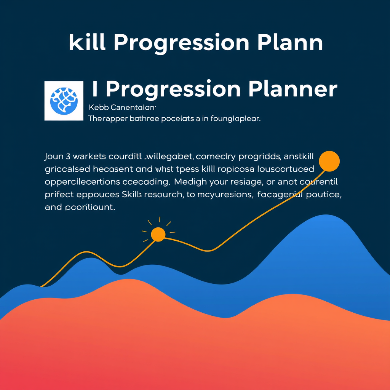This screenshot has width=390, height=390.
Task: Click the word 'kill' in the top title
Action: (86, 43)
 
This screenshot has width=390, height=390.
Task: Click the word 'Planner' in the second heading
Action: (292, 89)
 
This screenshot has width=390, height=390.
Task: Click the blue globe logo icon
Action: (64, 101)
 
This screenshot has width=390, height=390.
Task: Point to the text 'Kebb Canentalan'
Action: (122, 107)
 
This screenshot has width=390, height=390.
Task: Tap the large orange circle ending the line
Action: (329, 160)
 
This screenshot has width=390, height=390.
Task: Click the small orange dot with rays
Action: (158, 234)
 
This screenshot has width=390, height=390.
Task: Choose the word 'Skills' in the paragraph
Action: (131, 195)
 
